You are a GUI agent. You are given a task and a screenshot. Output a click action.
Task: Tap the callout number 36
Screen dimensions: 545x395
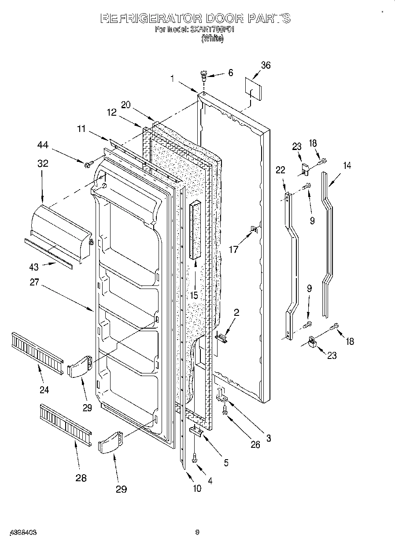pos(266,66)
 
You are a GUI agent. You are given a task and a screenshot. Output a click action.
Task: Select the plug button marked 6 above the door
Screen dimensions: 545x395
pos(203,75)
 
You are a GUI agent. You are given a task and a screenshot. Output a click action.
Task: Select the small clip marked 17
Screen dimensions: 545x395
pos(254,229)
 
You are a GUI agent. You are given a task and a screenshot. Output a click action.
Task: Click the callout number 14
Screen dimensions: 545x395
pos(347,165)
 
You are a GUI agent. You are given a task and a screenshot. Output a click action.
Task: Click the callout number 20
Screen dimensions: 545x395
pos(126,105)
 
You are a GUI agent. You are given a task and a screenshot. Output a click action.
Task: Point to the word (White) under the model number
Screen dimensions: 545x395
pos(212,39)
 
